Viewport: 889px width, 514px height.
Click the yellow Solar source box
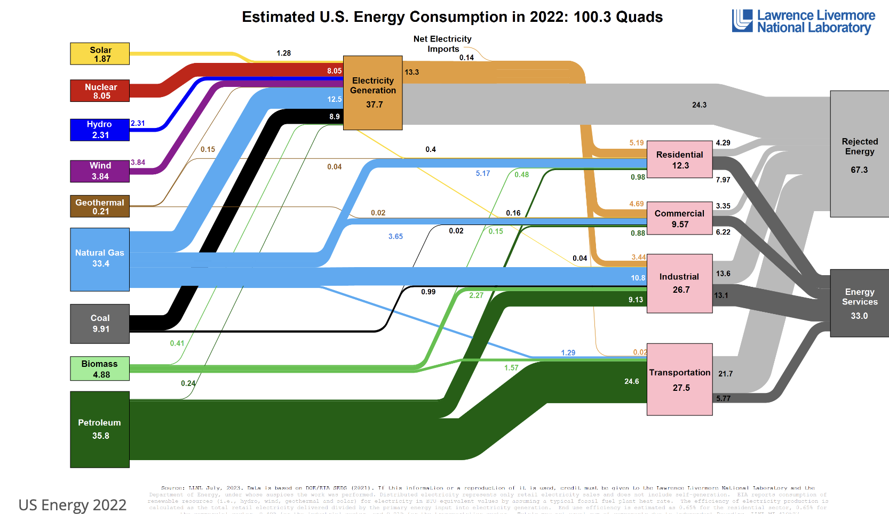pyautogui.click(x=100, y=54)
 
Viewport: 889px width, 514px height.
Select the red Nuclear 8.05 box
pyautogui.click(x=100, y=91)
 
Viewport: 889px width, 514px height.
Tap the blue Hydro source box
pyautogui.click(x=100, y=130)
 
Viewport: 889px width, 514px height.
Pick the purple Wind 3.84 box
pyautogui.click(x=100, y=171)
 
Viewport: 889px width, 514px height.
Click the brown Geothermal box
pyautogui.click(x=100, y=206)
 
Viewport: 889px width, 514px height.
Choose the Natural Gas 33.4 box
pyautogui.click(x=100, y=260)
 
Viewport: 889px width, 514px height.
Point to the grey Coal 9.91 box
pyautogui.click(x=100, y=324)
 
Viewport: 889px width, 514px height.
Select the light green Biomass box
pyautogui.click(x=100, y=368)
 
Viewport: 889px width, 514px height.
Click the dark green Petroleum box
pyautogui.click(x=100, y=429)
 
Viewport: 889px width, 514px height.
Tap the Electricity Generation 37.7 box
pyautogui.click(x=372, y=93)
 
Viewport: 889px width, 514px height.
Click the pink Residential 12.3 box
pyautogui.click(x=679, y=159)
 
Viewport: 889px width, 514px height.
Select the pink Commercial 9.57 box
pyautogui.click(x=679, y=218)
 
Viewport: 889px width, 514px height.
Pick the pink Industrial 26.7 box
pyautogui.click(x=679, y=283)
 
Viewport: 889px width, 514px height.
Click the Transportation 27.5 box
pyautogui.click(x=679, y=379)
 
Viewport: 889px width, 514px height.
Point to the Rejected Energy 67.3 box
pyautogui.click(x=859, y=154)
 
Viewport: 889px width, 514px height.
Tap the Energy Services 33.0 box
pyautogui.click(x=859, y=303)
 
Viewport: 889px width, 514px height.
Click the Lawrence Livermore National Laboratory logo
pyautogui.click(x=803, y=21)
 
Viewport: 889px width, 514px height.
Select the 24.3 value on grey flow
pyautogui.click(x=699, y=105)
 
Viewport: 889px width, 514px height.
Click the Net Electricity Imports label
pyautogui.click(x=442, y=44)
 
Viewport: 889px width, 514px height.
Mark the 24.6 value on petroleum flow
pyautogui.click(x=631, y=381)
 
